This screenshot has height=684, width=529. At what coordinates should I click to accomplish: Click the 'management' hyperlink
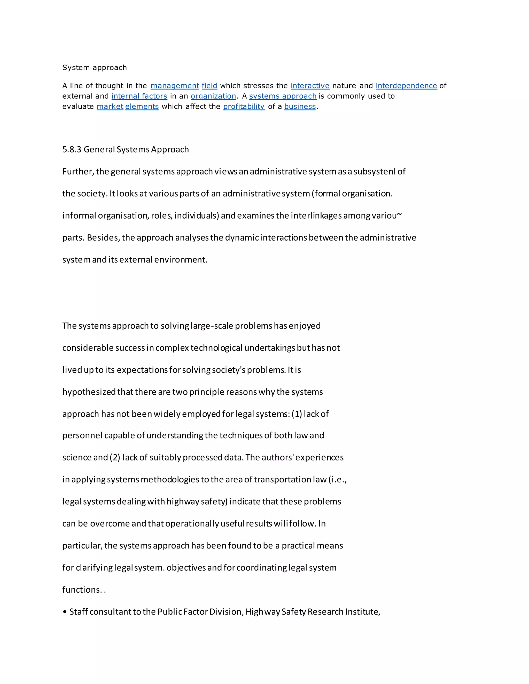tap(175, 86)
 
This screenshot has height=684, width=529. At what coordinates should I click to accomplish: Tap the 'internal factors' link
tap(139, 96)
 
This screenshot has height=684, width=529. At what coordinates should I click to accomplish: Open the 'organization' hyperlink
tap(213, 96)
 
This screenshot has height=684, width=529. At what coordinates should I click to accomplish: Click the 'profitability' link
tap(244, 107)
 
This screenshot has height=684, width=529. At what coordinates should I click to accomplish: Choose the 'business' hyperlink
tap(300, 107)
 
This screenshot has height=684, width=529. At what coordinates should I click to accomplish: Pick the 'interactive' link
tap(310, 86)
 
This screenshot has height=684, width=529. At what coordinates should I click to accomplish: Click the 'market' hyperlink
tap(110, 107)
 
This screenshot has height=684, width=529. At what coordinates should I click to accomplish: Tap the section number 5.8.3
tap(72, 149)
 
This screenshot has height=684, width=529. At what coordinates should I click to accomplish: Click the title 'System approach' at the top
tap(94, 68)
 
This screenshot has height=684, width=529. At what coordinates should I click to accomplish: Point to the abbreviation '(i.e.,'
tap(337, 480)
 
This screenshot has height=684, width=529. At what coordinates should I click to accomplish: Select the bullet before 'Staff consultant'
tap(65, 612)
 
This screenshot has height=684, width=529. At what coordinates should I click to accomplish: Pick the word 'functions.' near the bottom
tap(82, 590)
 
